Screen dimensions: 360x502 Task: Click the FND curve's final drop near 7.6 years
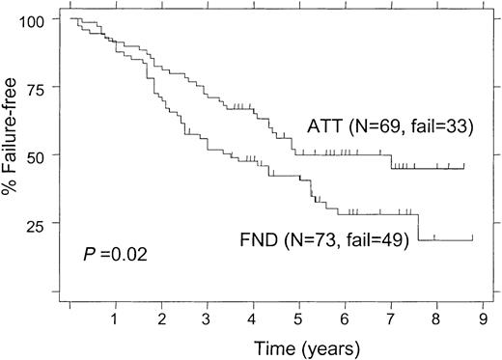[x=418, y=228]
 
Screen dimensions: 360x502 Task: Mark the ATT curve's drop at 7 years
[x=391, y=161]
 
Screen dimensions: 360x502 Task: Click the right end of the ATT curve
[x=464, y=167]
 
